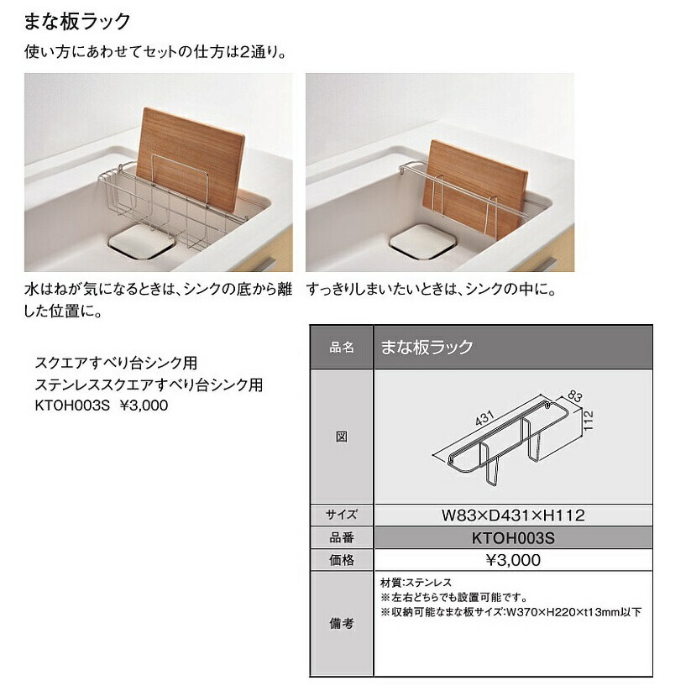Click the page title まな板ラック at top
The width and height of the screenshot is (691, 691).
(x=77, y=21)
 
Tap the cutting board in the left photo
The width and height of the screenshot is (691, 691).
(x=189, y=160)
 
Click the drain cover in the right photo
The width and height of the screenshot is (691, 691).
(x=421, y=241)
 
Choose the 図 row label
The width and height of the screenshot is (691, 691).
(x=342, y=437)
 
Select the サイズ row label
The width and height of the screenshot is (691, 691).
(x=342, y=516)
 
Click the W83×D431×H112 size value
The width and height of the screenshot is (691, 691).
(x=513, y=516)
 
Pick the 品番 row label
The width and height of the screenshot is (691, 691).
(x=342, y=538)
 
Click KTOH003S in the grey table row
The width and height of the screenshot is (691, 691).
(x=513, y=538)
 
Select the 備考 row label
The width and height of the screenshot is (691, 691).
(x=342, y=624)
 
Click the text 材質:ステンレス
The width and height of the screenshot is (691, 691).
(x=416, y=583)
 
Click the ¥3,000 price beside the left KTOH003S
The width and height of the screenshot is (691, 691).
(x=145, y=404)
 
